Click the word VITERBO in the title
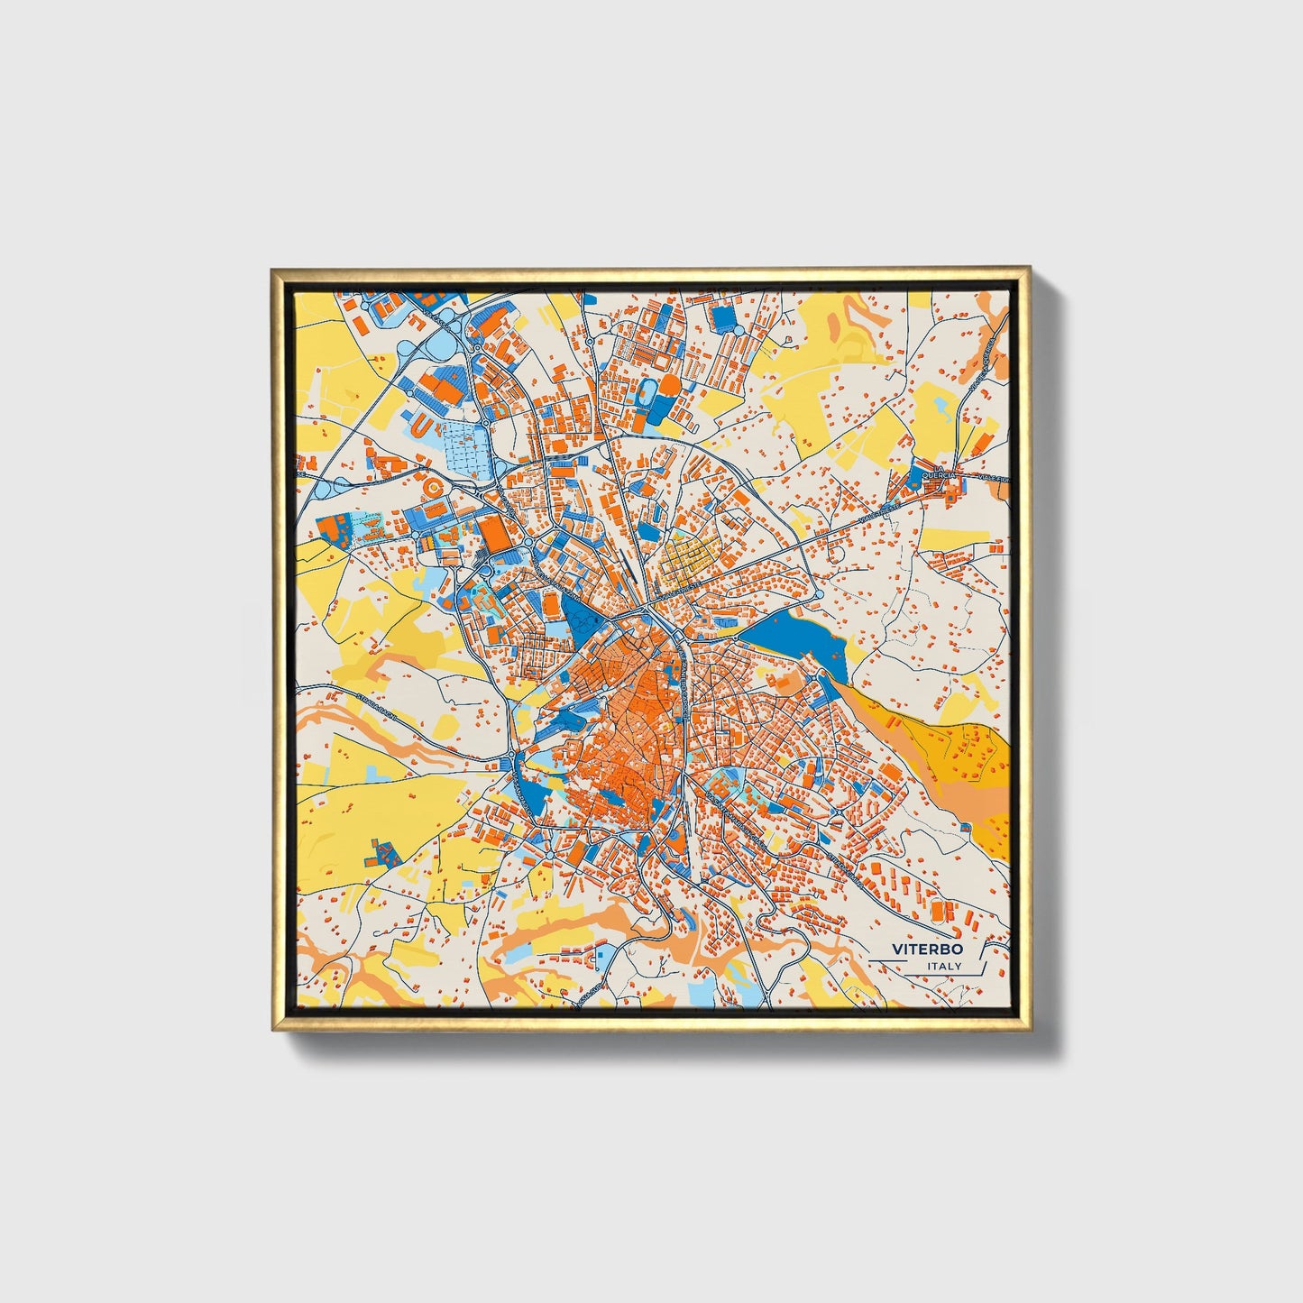coord(927,949)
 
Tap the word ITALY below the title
coord(944,967)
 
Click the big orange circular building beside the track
coord(670,385)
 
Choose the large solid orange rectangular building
coord(494,531)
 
